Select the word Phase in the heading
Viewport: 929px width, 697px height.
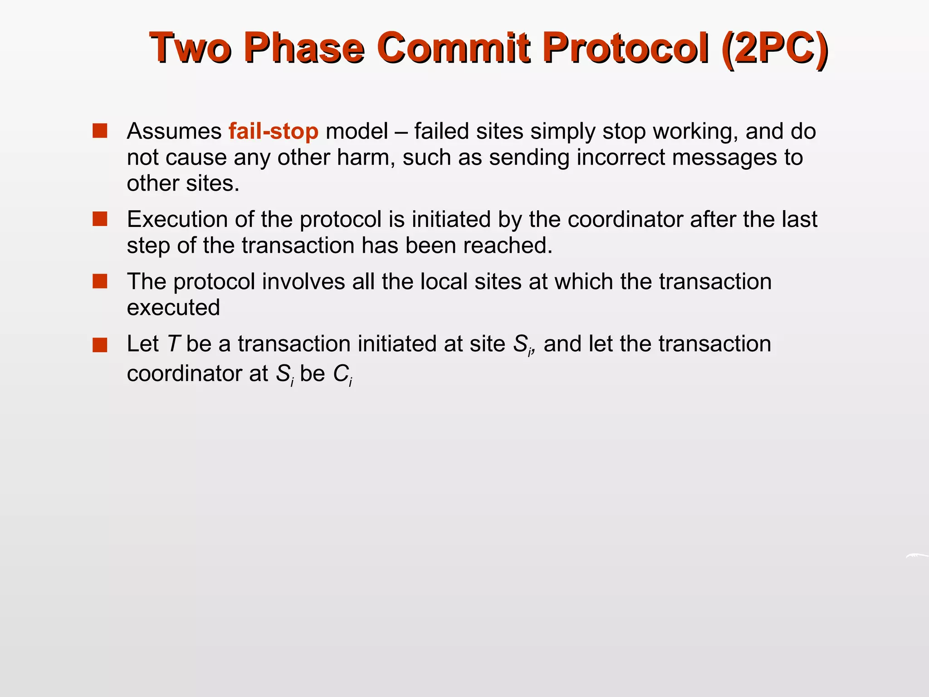click(x=304, y=48)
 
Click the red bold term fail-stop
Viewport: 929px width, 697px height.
click(x=274, y=131)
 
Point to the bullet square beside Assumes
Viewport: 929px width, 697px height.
click(x=99, y=131)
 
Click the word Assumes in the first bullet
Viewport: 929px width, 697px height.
click(x=174, y=131)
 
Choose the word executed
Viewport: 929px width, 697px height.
click(x=173, y=308)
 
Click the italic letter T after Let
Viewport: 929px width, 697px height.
click(x=174, y=344)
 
